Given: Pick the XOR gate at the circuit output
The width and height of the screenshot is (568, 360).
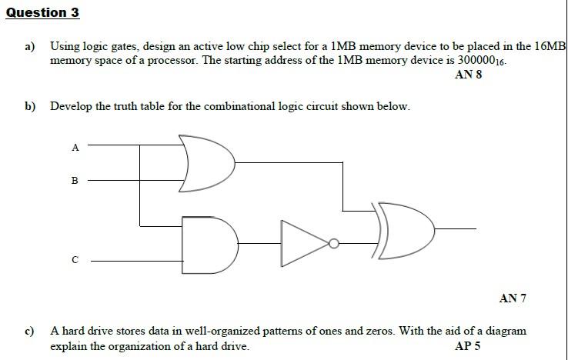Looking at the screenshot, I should [405, 228].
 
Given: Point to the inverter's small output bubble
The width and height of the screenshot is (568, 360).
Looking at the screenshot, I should [333, 244].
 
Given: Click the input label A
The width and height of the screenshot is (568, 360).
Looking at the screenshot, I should [75, 148].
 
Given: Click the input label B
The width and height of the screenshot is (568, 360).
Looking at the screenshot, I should [75, 182].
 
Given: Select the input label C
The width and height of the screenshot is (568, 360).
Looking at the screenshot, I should [75, 261].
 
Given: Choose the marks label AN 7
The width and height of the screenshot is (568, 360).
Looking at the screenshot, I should [513, 298].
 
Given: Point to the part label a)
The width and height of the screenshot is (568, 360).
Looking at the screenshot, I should [30, 47].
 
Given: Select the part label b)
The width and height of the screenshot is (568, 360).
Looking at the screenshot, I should [30, 106].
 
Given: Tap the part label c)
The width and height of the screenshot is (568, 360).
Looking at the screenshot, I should [30, 332].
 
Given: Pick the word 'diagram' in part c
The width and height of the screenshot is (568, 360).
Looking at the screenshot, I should [506, 332].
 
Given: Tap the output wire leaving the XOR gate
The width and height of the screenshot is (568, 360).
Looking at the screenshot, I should [457, 228].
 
